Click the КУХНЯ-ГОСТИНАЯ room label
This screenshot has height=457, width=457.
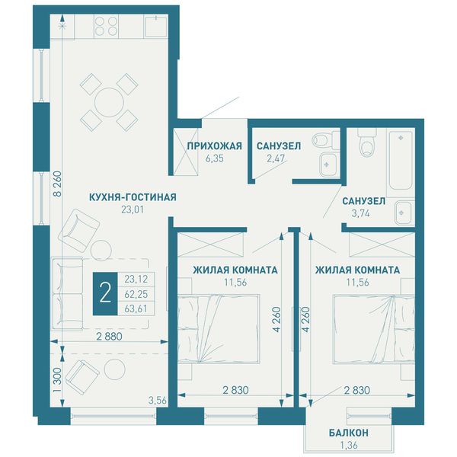coord(133,197)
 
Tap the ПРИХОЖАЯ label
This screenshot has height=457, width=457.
coord(215,145)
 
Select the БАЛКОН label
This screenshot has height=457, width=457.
coord(349,433)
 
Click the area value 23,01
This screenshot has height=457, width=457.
coord(133,209)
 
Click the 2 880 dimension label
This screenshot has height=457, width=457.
coord(109,337)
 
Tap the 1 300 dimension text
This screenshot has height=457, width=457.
coord(58,380)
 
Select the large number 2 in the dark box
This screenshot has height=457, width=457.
coord(105,294)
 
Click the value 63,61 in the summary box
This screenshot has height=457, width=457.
coord(136,308)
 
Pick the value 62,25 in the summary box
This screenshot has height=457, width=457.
coord(136,294)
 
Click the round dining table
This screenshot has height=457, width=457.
coord(109,103)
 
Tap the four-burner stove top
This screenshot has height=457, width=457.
coord(107,26)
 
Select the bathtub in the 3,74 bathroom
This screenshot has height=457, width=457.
coord(401,164)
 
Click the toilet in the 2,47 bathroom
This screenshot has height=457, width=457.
coord(324,140)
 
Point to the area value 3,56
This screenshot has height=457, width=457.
coord(158,401)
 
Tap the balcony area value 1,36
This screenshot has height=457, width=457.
coord(349,445)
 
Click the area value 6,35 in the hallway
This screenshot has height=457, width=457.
coord(215,158)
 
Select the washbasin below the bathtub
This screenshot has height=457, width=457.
coord(404,213)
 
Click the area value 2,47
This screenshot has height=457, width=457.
coord(276,158)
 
